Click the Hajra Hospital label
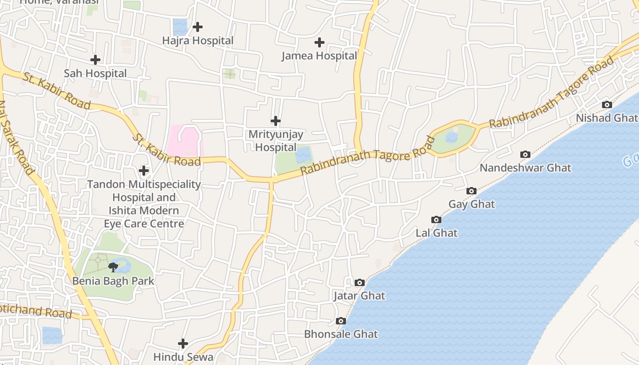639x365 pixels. point(198,41)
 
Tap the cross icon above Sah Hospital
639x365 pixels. point(95,60)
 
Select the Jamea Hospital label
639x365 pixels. point(319,56)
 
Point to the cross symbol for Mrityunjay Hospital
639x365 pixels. point(275,121)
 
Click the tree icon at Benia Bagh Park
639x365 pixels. point(113,267)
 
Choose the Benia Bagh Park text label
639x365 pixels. point(113,281)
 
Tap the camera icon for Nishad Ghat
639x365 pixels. point(607,104)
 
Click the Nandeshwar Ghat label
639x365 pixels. point(525,167)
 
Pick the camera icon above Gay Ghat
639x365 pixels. point(471,191)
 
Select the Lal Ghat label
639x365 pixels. point(436,233)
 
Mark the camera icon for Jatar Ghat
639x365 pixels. point(359,282)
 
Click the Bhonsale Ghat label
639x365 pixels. point(341,334)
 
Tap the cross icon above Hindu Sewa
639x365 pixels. point(183,343)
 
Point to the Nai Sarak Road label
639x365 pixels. point(17,137)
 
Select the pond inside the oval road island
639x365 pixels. point(451,137)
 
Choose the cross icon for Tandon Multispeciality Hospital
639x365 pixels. point(143,171)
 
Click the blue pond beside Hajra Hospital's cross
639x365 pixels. point(180,27)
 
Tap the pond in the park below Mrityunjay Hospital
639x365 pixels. point(304,155)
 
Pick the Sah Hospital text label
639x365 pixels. point(95,73)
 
